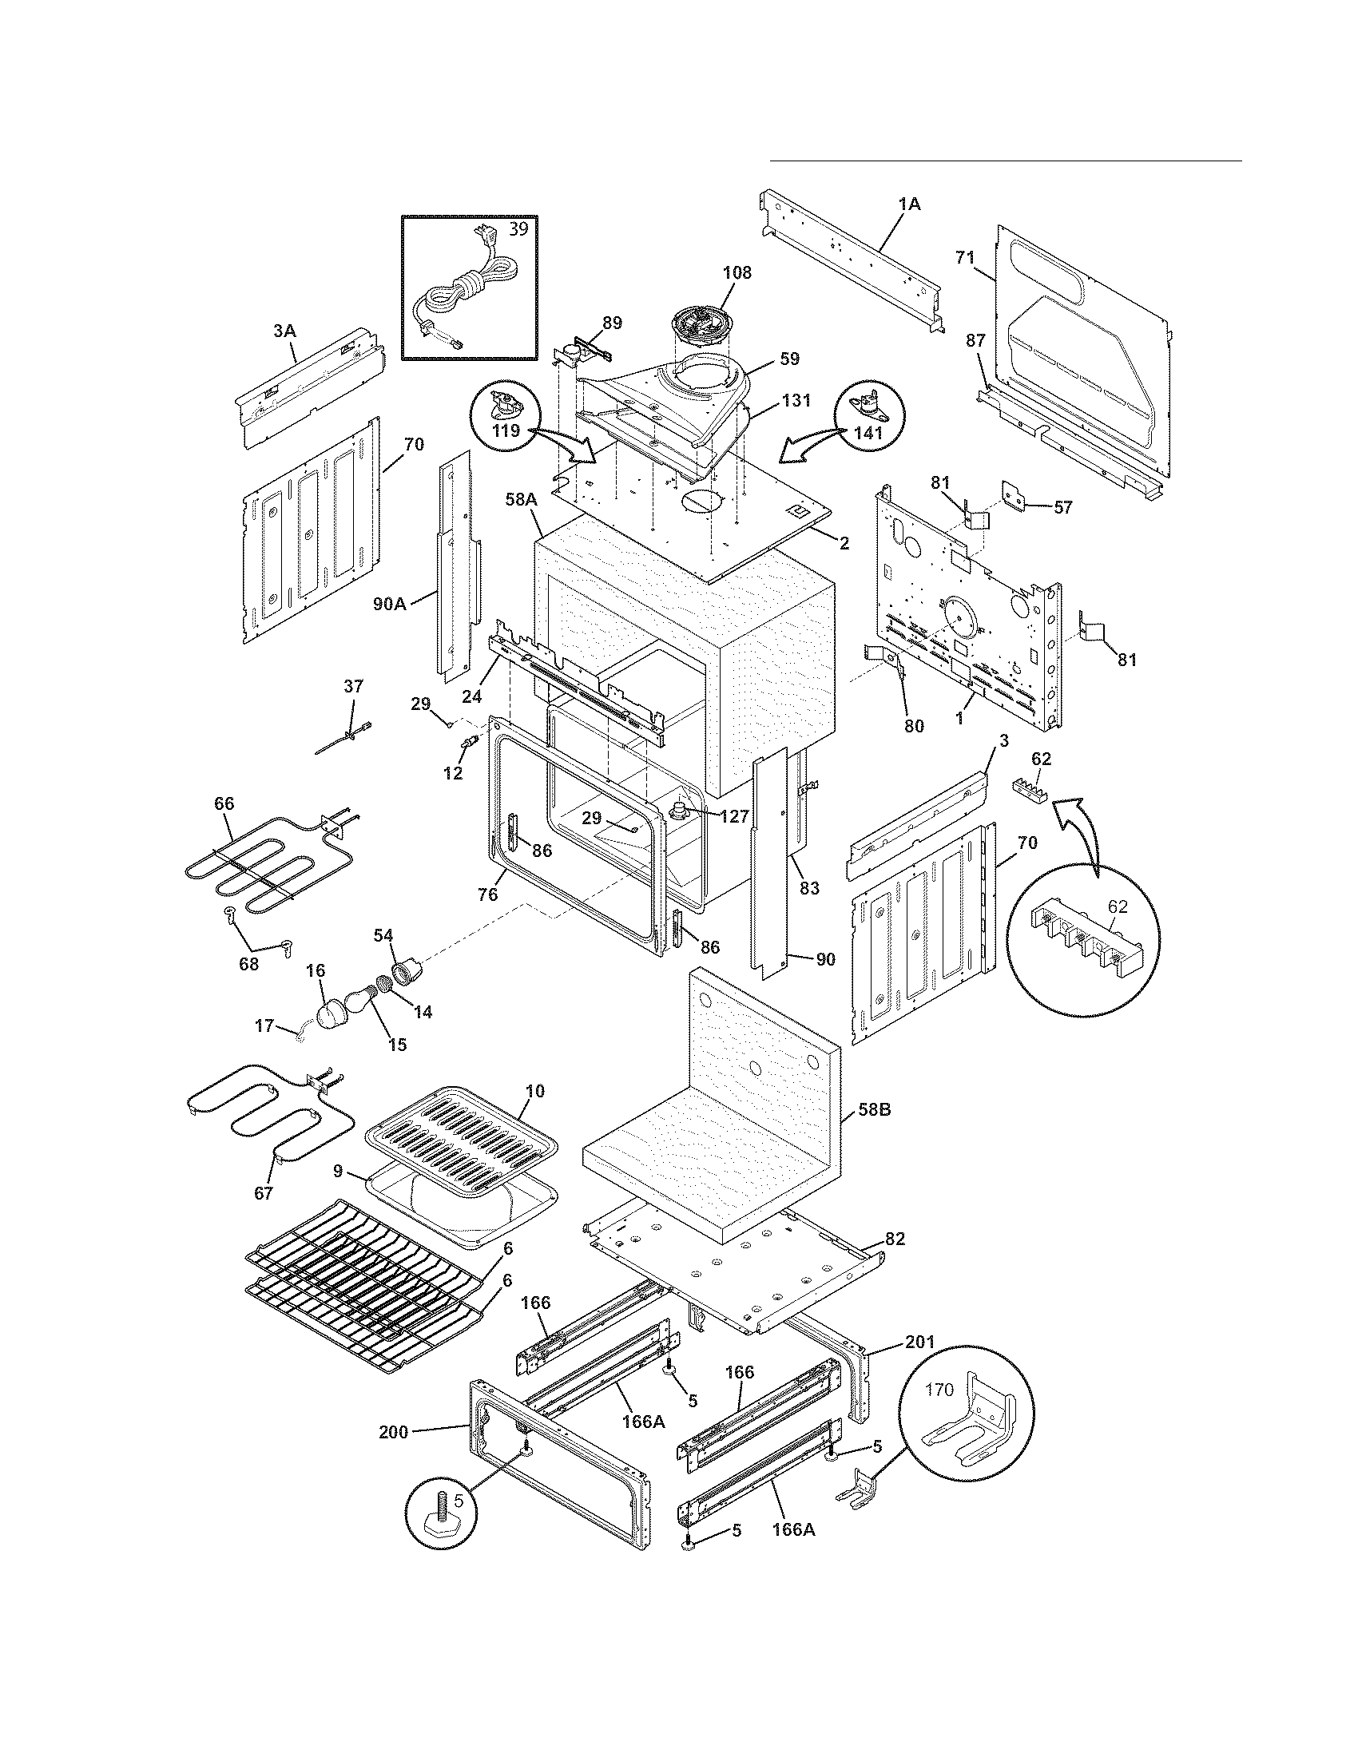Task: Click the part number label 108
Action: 737,272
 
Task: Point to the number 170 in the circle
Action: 939,1390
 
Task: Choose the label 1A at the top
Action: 909,204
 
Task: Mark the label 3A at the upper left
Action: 284,330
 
